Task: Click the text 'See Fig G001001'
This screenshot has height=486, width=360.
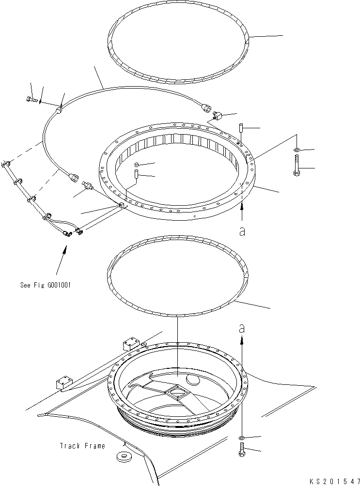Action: pos(46,285)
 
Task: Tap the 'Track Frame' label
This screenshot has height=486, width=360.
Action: pos(82,446)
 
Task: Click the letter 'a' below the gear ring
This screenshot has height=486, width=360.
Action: pos(242,231)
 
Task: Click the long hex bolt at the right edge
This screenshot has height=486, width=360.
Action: pos(297,167)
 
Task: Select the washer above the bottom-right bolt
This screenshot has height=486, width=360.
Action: pos(241,438)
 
